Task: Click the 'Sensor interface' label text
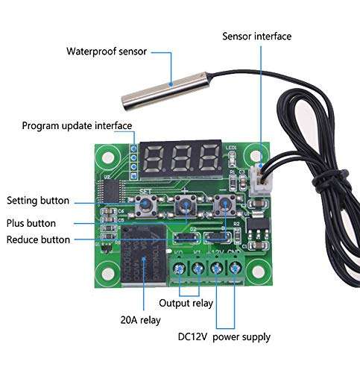[256, 36]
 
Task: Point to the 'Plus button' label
[31, 222]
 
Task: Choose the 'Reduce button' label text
[38, 239]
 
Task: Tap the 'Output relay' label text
[186, 303]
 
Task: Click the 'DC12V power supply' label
[224, 337]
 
